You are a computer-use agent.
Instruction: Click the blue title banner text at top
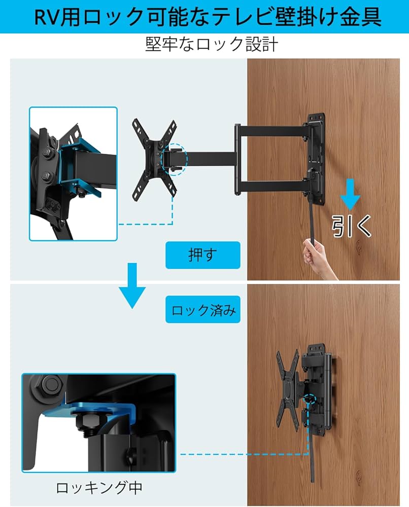tap(204, 17)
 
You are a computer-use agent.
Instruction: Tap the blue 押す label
tap(202, 255)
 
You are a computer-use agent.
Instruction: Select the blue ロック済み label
tap(203, 310)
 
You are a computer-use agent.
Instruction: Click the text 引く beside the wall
tap(352, 227)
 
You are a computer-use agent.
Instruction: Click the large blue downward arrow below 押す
tap(132, 286)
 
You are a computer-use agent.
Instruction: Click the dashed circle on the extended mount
tap(174, 159)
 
